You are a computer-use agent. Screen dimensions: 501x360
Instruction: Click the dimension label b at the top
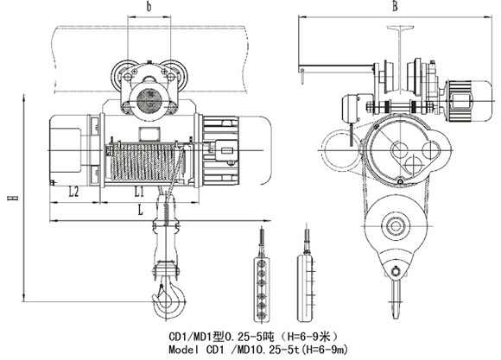coord(149,7)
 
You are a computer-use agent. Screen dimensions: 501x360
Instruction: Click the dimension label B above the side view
coord(396,6)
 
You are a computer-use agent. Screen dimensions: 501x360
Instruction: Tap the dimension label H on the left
coord(13,198)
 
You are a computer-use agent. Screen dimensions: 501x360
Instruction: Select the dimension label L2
coord(73,192)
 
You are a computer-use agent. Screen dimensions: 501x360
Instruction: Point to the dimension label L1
coord(139,192)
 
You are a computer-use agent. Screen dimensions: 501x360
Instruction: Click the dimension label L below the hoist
coord(140,210)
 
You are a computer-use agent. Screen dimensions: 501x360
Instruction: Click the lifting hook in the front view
coord(168,297)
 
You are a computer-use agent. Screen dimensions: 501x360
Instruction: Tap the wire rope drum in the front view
coord(143,162)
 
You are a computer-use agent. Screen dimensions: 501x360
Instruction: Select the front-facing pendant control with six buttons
coord(262,289)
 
